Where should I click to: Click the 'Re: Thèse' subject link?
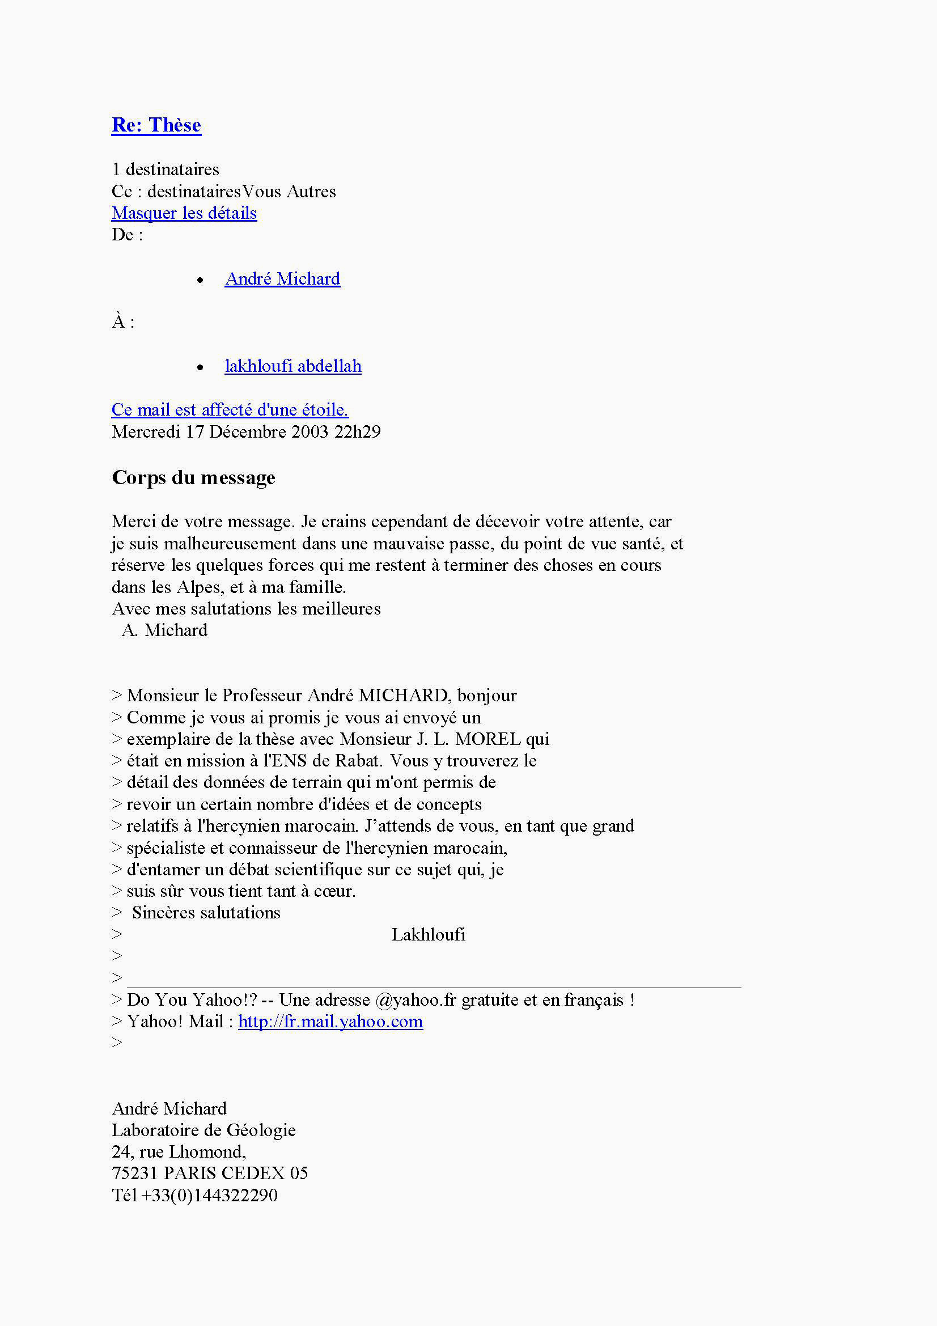[x=156, y=125]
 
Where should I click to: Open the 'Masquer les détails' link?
[x=184, y=213]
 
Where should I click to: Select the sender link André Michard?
[x=282, y=279]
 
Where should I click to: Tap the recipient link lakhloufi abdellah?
[x=292, y=366]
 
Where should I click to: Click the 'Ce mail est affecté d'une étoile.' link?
[x=230, y=410]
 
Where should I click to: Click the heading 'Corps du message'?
[x=193, y=477]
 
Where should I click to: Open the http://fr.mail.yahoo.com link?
[x=330, y=1022]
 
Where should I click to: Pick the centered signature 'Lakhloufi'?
[x=429, y=934]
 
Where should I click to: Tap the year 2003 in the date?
[x=309, y=432]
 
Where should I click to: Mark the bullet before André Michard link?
[x=200, y=281]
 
